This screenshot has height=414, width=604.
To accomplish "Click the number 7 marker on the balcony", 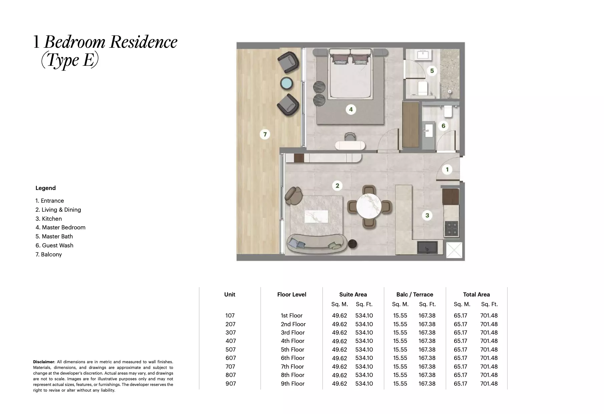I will [265, 135].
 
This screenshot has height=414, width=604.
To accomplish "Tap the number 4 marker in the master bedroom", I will [351, 109].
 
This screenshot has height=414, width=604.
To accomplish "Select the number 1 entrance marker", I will [447, 170].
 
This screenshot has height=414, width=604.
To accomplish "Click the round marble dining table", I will [369, 206].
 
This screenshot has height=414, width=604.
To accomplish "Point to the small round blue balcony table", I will [287, 83].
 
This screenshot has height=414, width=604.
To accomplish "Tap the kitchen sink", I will [427, 247].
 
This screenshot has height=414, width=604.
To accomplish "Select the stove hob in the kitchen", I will [451, 229].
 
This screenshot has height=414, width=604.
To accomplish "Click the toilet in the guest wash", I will [448, 111].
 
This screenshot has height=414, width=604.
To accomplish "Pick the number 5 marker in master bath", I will [432, 71].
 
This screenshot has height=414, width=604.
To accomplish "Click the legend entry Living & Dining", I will [58, 210].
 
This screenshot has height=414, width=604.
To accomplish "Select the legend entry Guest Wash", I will [54, 245].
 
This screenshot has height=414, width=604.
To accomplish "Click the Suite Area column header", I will [353, 294].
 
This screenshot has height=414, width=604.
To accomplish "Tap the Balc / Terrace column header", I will [414, 294].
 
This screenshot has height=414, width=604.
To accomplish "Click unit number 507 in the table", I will [230, 350].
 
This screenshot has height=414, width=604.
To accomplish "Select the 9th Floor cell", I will [292, 384].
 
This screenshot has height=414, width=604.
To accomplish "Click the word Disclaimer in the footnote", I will [43, 362].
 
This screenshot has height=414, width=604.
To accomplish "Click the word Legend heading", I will [45, 188].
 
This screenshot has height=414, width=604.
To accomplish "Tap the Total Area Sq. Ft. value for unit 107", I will [489, 316].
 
